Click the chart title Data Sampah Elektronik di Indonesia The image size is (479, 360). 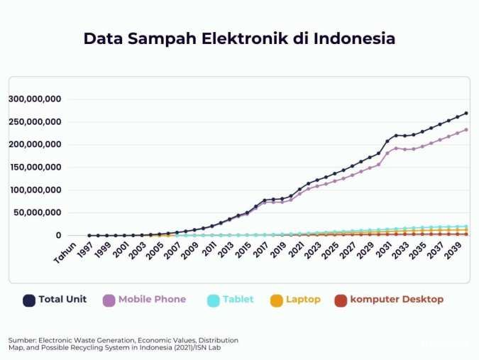pyautogui.click(x=239, y=38)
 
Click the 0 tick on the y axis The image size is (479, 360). pyautogui.click(x=60, y=236)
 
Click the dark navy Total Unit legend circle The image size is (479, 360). pyautogui.click(x=29, y=300)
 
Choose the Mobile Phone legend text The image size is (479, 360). pyautogui.click(x=152, y=300)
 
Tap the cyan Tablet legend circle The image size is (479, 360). pyautogui.click(x=213, y=300)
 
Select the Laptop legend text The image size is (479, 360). pyautogui.click(x=303, y=300)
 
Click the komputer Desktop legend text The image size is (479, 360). pyautogui.click(x=397, y=300)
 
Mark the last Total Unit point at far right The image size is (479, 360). pyautogui.click(x=466, y=113)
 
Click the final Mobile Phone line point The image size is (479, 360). pyautogui.click(x=466, y=130)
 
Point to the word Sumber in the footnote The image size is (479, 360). pyautogui.click(x=23, y=340)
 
